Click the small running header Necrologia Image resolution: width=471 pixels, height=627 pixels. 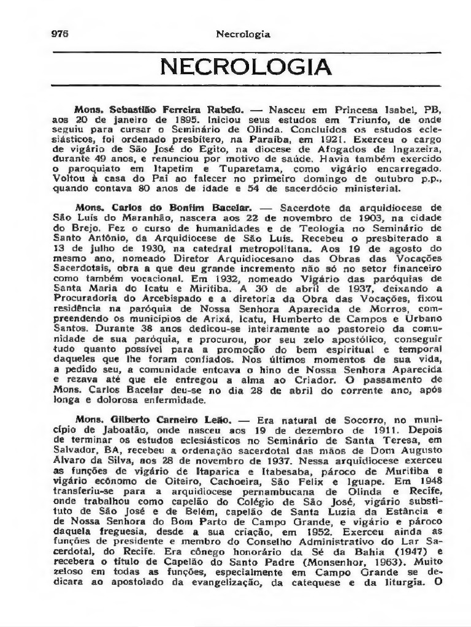(243, 34)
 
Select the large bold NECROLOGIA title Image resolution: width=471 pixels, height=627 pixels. (246, 67)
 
